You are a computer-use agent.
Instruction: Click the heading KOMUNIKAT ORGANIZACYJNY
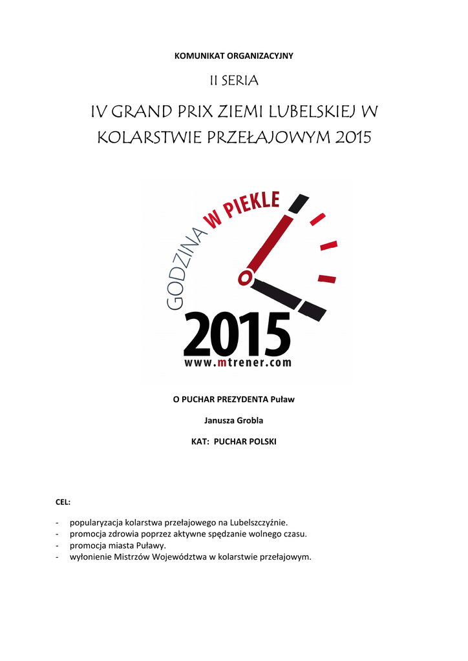(234, 56)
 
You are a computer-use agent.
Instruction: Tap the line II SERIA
(234, 81)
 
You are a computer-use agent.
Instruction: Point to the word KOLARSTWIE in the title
(144, 137)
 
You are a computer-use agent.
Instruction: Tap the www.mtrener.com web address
(238, 363)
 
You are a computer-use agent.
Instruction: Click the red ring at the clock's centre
(245, 278)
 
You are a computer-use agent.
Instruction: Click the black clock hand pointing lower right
(288, 300)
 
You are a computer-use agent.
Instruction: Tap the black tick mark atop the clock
(298, 203)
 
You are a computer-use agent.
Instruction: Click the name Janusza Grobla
(234, 421)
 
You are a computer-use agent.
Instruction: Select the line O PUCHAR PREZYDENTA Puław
(234, 400)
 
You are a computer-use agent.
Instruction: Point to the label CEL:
(63, 501)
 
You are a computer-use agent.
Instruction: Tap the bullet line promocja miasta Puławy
(118, 545)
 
